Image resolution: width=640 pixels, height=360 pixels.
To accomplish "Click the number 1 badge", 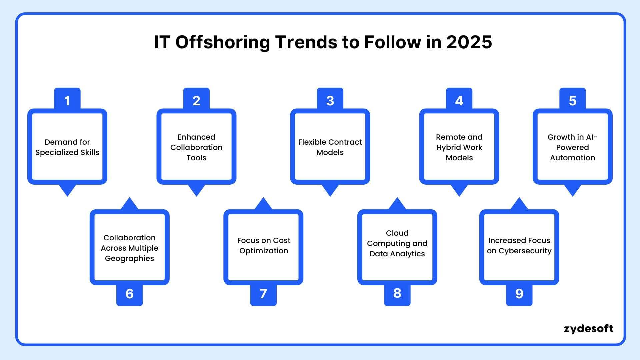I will [x=67, y=100].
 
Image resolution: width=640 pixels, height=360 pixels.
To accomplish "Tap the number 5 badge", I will [x=572, y=100].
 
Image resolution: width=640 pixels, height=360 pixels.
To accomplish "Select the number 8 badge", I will [x=397, y=293].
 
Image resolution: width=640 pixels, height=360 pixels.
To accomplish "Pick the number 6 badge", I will [x=129, y=294].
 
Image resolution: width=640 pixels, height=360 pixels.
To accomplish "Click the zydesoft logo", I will [x=588, y=329].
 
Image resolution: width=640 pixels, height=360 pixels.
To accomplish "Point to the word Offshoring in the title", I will [x=223, y=42].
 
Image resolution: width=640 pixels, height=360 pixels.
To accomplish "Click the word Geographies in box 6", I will [x=129, y=258].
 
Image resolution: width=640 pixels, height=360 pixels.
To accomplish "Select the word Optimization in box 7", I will [x=264, y=251].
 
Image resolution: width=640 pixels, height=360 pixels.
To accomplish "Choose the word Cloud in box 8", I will [x=397, y=233].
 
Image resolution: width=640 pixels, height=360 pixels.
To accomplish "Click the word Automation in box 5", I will [x=572, y=158].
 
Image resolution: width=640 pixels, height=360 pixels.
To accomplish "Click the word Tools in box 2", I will [x=196, y=158].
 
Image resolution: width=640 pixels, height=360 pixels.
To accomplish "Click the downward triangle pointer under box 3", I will [x=330, y=190].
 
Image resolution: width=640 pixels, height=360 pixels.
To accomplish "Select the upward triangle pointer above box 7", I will [x=263, y=204].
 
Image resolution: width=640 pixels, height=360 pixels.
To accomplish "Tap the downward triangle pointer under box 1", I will [x=67, y=190].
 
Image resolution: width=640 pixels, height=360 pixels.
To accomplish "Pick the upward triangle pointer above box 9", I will [x=519, y=204].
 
